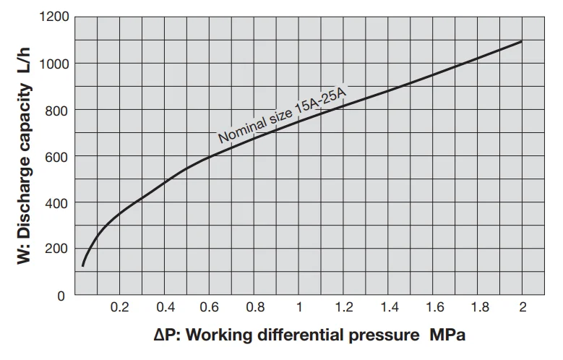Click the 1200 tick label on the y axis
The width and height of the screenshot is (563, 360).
pos(56,17)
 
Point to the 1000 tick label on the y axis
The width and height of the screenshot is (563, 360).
pos(56,63)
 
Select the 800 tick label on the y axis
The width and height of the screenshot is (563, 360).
pos(59,110)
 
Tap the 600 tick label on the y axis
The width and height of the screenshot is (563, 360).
pos(59,156)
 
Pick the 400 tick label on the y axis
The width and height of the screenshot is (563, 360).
pos(59,202)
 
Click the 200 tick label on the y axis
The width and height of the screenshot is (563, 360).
pos(59,249)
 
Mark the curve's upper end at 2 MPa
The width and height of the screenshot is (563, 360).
pos(522,41)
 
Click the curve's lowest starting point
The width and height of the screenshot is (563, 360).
pos(82,266)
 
